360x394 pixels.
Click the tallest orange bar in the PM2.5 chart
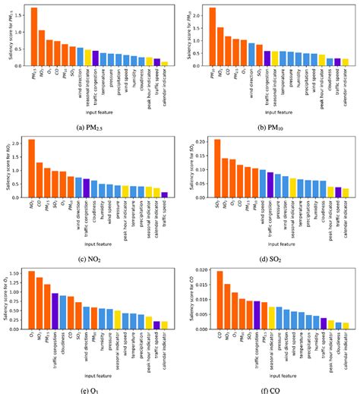(33, 38)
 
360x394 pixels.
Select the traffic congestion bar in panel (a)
(95, 58)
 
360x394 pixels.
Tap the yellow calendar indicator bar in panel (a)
(165, 65)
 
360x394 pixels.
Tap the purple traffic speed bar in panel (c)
(165, 195)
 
